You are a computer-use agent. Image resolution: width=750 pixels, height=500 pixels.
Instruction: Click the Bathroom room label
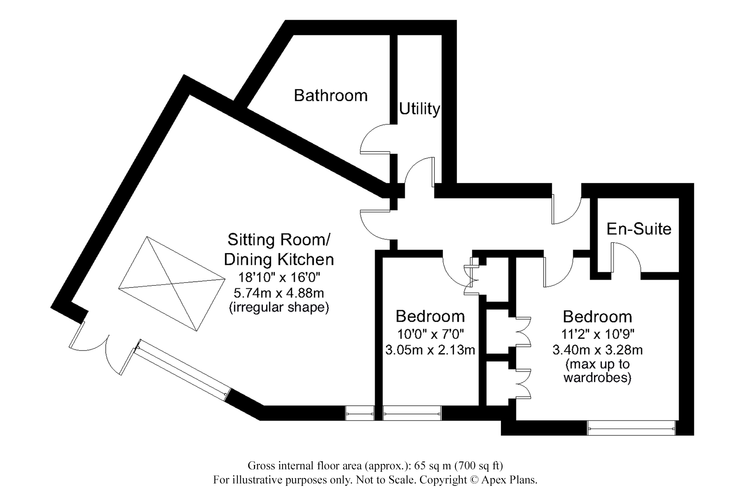point(331,96)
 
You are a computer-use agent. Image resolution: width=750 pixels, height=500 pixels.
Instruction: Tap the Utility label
point(419,109)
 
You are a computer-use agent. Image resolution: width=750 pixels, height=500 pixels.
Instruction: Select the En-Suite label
point(639,229)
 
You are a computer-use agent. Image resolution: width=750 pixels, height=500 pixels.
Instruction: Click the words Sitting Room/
point(279,240)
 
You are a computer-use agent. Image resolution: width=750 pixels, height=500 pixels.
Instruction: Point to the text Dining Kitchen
point(279,260)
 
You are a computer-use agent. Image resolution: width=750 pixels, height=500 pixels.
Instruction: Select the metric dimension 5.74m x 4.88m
point(279,293)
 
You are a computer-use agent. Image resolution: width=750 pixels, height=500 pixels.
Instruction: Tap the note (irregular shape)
point(279,307)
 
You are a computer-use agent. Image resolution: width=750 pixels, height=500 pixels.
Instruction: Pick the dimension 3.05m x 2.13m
point(430,350)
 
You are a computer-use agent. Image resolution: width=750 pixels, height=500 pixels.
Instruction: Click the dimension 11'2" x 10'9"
point(598,333)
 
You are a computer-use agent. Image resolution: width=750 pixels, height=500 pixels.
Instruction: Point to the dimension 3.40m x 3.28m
point(598,350)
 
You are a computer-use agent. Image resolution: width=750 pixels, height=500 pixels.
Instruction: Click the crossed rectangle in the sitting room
point(172,284)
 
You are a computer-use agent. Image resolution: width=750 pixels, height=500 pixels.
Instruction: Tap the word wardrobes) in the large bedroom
point(598,378)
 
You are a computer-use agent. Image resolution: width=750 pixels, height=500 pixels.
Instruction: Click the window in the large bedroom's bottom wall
point(631,428)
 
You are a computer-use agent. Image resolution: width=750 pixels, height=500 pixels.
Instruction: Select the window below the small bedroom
point(412,413)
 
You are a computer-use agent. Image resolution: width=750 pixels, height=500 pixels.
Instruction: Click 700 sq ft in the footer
point(478,466)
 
